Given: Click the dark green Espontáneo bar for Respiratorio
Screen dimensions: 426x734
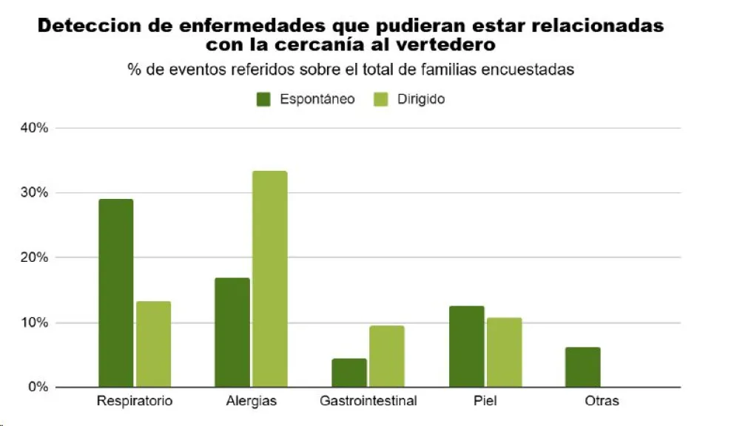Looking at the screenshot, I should [115, 293].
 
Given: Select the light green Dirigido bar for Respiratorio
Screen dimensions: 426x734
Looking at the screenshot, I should [153, 344].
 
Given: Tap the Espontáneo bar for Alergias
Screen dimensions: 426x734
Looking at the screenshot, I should [232, 332].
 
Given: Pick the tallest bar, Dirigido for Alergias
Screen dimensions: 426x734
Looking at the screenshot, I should [269, 279].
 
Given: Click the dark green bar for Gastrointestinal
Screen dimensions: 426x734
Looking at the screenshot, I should [349, 373].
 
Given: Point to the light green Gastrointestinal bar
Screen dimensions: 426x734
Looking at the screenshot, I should [386, 356].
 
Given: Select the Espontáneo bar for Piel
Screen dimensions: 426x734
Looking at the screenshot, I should [466, 346].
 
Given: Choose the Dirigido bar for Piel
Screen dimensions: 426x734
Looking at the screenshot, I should [504, 352].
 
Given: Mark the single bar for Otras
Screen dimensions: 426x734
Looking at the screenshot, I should [582, 367].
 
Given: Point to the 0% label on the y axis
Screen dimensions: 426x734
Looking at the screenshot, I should [38, 388].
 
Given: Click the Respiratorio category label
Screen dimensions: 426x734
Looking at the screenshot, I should [135, 402].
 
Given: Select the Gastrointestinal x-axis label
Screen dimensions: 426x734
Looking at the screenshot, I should [368, 402].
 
